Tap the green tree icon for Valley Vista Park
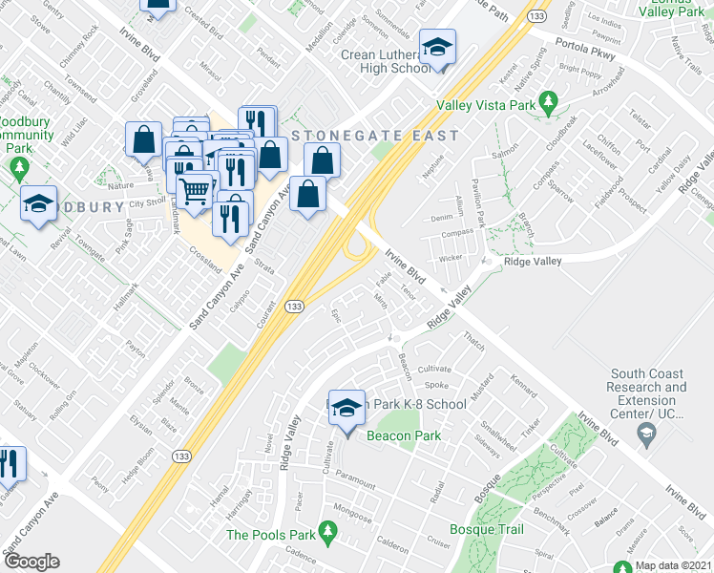click(x=548, y=100)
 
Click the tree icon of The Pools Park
click(x=327, y=529)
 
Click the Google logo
click(x=31, y=561)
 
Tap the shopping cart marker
click(x=195, y=192)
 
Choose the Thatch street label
click(x=473, y=339)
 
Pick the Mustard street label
click(x=483, y=389)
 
